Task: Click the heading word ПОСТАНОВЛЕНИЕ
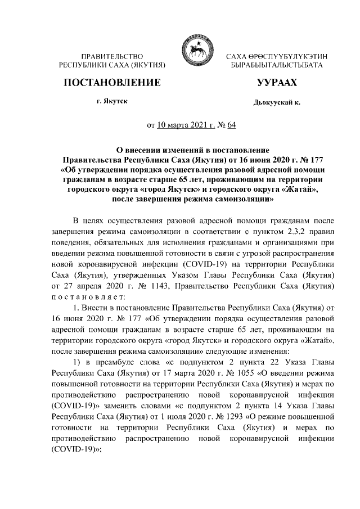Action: point(112,83)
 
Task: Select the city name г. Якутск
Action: point(111,102)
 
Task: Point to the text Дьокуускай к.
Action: point(277,103)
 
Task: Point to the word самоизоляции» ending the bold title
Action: point(245,199)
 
